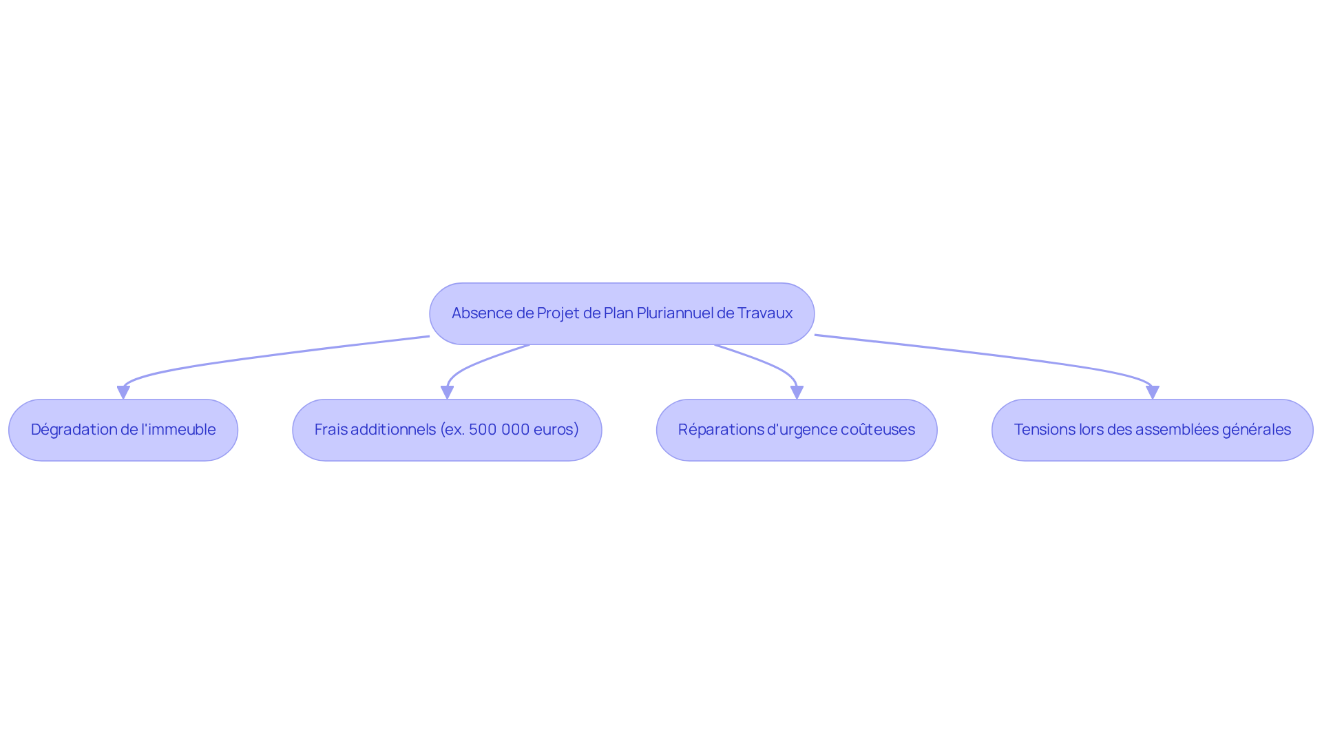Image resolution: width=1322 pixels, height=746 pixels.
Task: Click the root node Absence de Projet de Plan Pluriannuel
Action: pos(622,313)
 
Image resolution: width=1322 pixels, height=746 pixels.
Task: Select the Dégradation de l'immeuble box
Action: pos(123,430)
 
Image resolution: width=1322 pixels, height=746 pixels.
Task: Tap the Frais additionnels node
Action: pos(447,430)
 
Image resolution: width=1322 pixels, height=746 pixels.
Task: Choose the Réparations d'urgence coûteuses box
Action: pos(797,430)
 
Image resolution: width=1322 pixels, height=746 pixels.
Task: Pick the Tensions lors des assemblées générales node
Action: pos(1153,430)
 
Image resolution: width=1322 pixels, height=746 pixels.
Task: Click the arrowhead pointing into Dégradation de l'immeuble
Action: pos(123,393)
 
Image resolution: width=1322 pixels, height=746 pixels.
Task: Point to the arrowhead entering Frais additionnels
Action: pos(447,393)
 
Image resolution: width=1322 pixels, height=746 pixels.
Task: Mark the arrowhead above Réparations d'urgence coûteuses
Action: pos(797,393)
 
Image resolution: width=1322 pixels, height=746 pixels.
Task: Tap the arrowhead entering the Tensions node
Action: pos(1153,393)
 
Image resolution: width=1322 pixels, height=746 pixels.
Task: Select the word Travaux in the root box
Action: pos(765,313)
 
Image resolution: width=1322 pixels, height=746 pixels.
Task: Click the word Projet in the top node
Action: pos(558,313)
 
